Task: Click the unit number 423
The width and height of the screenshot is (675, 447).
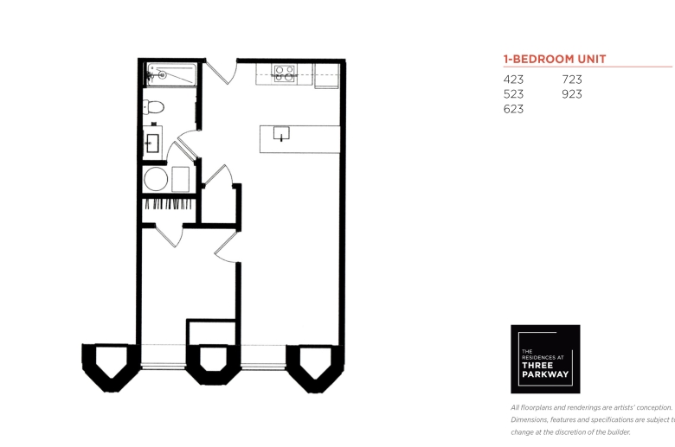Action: tap(513, 80)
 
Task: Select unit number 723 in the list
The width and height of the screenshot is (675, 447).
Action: tap(572, 80)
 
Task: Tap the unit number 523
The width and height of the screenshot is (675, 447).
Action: tap(513, 94)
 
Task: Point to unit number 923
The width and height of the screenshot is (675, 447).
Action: tap(572, 94)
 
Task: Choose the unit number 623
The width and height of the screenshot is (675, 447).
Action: tap(513, 109)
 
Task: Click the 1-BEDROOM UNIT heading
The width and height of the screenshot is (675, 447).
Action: tap(555, 59)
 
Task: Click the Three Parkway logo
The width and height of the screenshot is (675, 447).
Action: tap(545, 359)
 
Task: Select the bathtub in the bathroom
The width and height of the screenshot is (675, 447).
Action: tap(171, 74)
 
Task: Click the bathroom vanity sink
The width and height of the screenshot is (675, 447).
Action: tap(152, 144)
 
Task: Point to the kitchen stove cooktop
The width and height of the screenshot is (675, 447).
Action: tap(285, 73)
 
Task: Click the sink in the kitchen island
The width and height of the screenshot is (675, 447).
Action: tap(281, 133)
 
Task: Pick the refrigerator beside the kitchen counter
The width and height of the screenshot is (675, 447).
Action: tap(327, 76)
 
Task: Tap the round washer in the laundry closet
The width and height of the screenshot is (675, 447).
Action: tap(156, 179)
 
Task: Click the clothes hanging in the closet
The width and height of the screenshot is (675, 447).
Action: tap(169, 204)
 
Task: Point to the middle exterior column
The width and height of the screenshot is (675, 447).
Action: tap(212, 365)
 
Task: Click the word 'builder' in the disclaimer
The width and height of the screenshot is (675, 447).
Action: tap(618, 432)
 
